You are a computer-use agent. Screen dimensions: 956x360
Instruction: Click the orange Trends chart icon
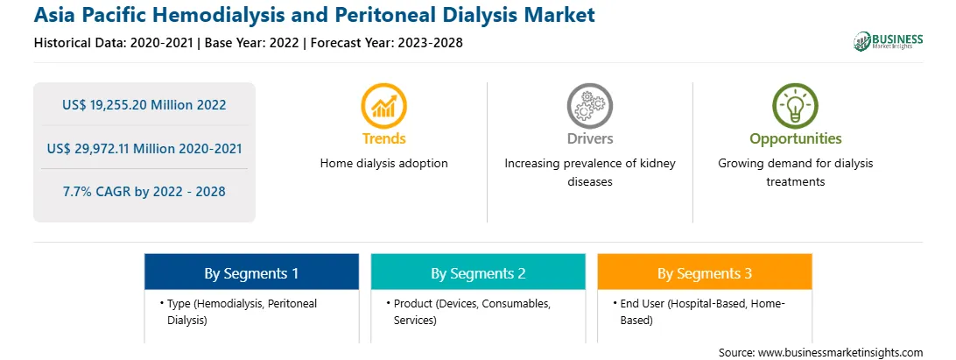383,106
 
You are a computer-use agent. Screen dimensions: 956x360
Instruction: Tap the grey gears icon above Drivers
589,106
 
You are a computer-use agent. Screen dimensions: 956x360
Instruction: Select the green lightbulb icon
795,106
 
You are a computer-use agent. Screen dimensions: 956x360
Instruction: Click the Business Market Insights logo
888,41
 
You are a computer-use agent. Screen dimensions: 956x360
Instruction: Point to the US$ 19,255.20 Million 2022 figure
144,105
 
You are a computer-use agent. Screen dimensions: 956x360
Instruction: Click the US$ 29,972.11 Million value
119,148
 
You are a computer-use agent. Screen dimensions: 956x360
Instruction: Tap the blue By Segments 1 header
251,272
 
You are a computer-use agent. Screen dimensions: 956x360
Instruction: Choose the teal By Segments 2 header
478,272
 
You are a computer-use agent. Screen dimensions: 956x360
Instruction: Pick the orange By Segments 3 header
705,272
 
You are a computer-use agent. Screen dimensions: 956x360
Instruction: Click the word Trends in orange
383,138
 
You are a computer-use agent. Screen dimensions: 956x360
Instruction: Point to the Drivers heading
589,138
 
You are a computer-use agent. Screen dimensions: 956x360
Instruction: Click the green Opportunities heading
796,139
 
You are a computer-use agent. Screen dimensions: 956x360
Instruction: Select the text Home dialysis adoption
384,164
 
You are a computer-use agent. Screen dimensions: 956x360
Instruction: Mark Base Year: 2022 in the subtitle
252,43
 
